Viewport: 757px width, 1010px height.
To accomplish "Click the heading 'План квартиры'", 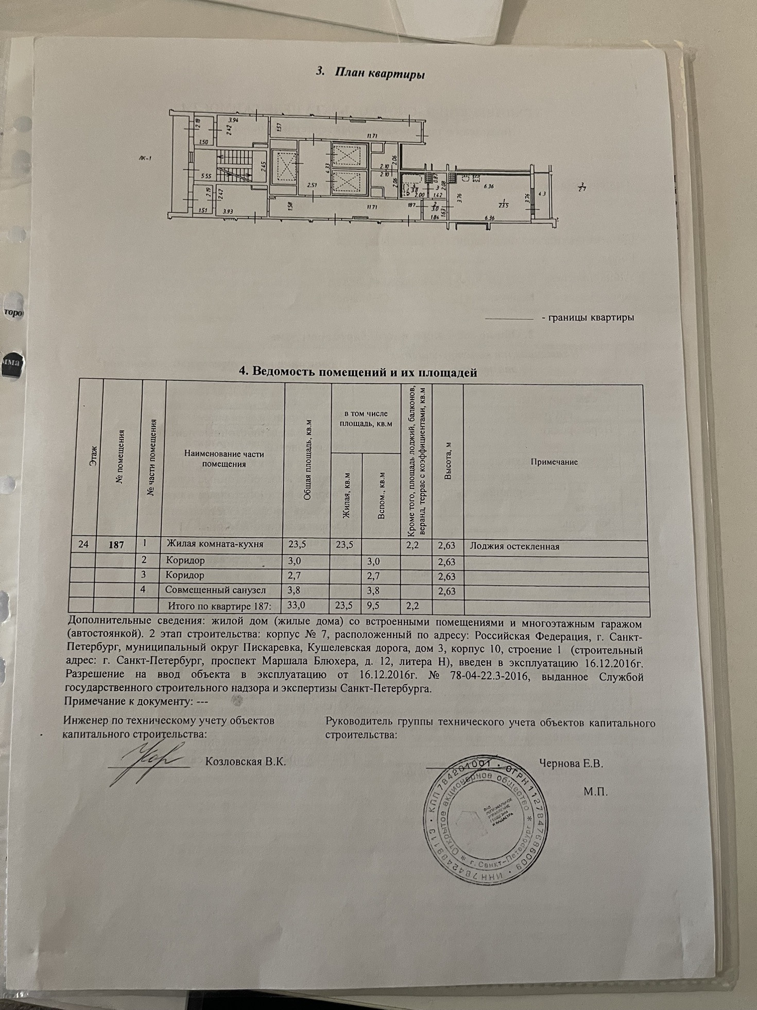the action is (380, 73).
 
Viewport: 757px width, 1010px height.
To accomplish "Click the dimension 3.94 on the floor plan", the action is (233, 120).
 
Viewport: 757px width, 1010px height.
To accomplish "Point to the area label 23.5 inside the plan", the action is (503, 205).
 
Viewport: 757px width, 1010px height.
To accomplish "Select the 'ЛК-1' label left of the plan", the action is (145, 159).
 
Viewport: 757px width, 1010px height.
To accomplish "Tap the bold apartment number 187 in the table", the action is (117, 544).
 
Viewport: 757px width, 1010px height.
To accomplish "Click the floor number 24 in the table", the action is (83, 544).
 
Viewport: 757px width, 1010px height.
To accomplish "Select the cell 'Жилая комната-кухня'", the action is (214, 544).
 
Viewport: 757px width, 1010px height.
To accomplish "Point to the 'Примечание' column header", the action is (554, 462).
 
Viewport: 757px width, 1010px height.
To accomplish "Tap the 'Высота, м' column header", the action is (448, 462).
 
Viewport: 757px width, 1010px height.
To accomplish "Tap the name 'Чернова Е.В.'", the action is (571, 763).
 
